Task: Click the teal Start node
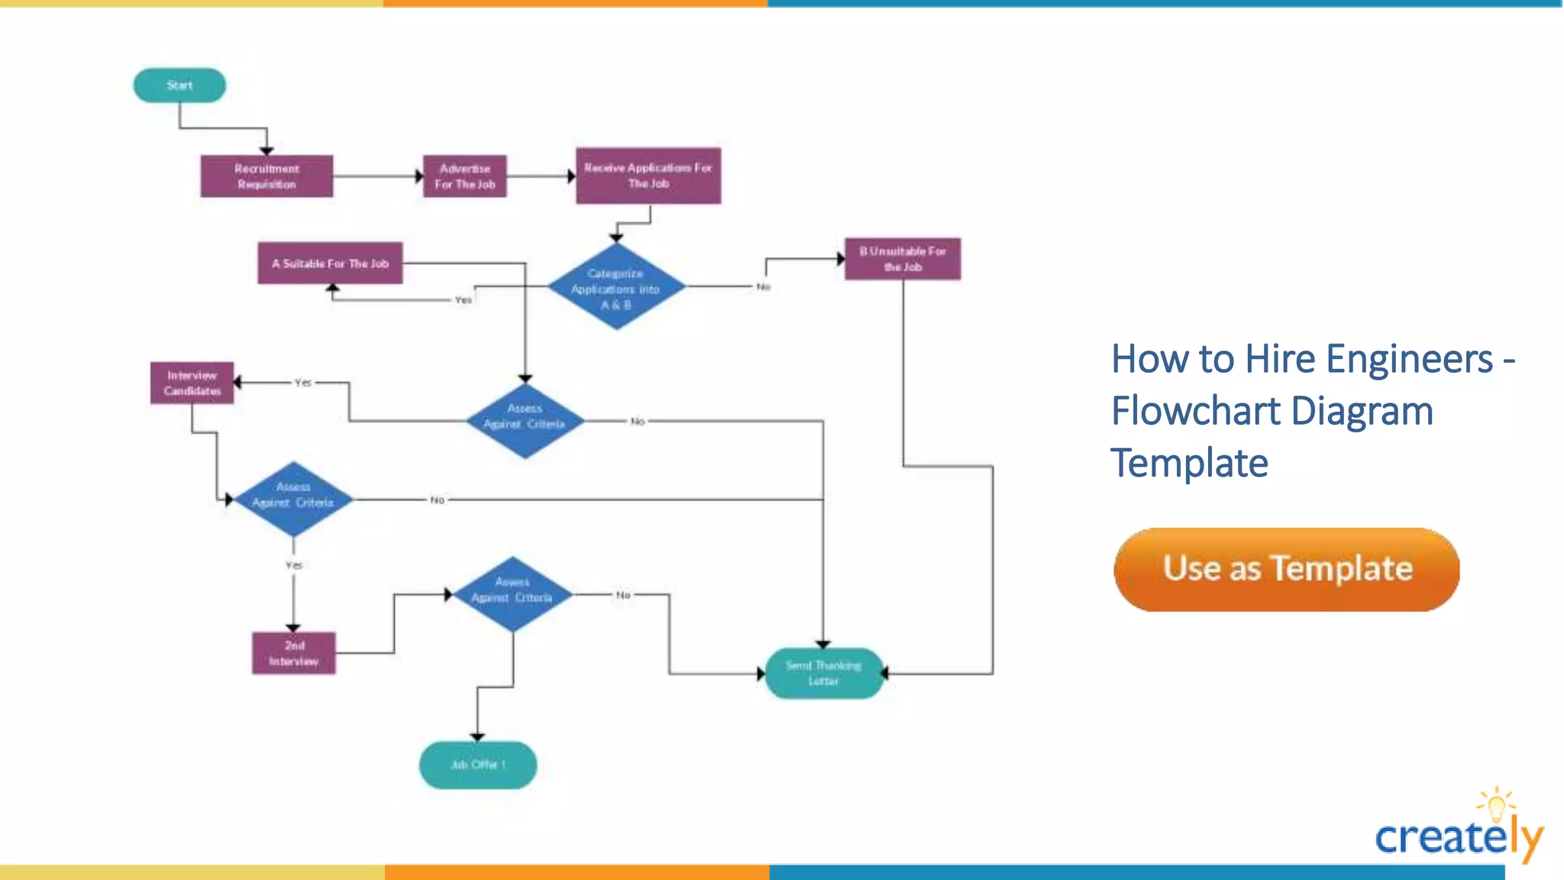tap(179, 85)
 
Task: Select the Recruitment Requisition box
tap(267, 176)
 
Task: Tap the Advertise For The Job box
tap(464, 176)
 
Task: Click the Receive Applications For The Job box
tap(648, 176)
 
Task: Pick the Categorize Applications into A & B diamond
tap(616, 288)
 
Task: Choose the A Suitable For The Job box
tap(330, 264)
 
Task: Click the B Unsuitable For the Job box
tap(902, 259)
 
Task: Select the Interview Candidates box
tap(192, 383)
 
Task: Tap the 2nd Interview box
tap(293, 653)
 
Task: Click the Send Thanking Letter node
tap(823, 673)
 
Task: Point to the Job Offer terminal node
tap(477, 765)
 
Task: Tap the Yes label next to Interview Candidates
tap(303, 382)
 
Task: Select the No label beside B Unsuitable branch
tap(763, 286)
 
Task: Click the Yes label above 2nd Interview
tap(294, 565)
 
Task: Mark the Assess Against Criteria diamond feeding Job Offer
tap(512, 594)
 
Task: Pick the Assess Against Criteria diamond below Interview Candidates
tap(293, 498)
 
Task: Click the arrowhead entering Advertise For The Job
tap(419, 176)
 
